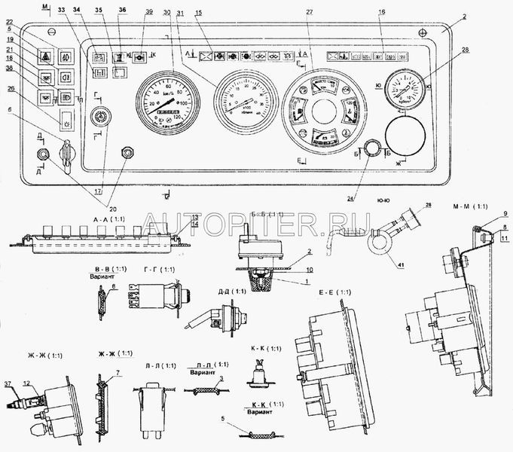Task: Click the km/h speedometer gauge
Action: point(167,102)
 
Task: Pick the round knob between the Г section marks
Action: point(97,118)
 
